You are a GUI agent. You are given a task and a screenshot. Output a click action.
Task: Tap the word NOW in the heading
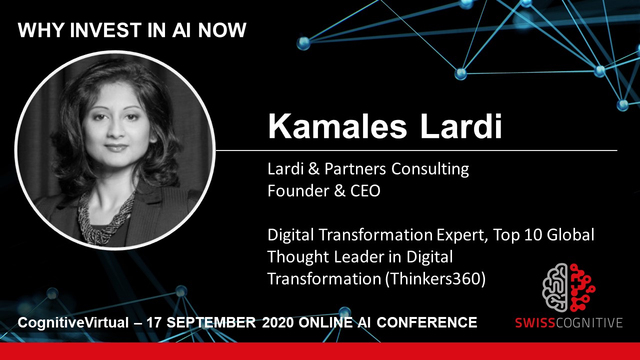222,30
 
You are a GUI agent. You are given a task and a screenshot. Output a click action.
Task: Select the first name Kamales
337,126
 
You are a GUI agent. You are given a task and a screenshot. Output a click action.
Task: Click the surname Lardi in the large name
461,126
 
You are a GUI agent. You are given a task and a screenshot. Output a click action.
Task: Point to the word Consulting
430,169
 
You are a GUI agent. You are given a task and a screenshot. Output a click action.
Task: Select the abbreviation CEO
365,191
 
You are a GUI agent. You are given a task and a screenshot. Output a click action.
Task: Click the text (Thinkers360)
435,279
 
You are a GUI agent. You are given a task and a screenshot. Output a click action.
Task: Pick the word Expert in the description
462,235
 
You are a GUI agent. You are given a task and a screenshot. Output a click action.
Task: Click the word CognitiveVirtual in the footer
73,323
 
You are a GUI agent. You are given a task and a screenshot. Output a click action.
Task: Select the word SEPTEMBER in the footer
211,322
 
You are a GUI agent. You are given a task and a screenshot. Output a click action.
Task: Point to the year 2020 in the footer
277,322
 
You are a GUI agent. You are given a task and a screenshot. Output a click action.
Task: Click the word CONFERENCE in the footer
427,322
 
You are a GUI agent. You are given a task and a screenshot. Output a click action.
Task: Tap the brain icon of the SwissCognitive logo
568,287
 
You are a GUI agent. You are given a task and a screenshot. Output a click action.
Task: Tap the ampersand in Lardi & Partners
313,169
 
